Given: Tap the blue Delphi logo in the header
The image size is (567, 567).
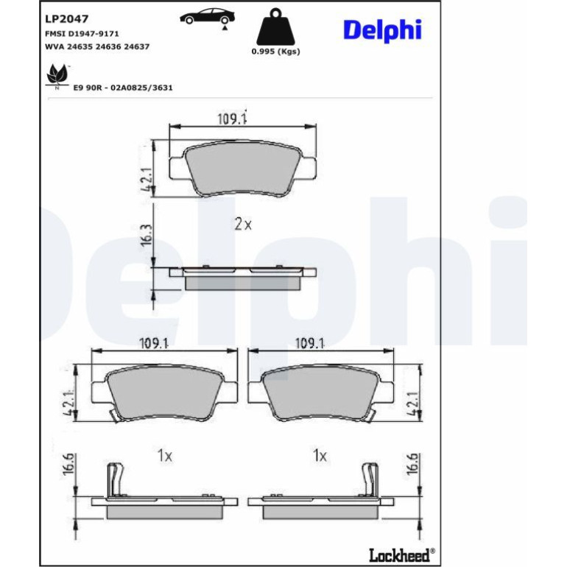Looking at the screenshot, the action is tap(382, 30).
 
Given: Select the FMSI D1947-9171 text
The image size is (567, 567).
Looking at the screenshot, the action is tap(82, 34).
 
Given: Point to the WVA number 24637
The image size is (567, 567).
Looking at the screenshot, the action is tap(137, 46).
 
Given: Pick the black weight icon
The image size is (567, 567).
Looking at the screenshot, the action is tap(275, 27).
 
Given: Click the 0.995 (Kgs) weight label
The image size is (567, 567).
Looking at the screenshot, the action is tap(276, 52).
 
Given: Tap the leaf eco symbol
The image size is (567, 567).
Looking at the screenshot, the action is tap(57, 76).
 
